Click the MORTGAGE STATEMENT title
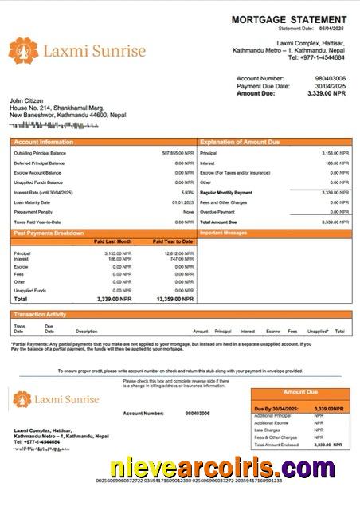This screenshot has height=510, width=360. pyautogui.click(x=289, y=19)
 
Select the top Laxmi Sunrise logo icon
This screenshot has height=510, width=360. pyautogui.click(x=23, y=51)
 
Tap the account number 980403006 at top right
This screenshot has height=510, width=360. pyautogui.click(x=331, y=79)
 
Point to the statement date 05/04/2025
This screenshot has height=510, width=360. pyautogui.click(x=331, y=29)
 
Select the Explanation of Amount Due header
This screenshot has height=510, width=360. pyautogui.click(x=239, y=142)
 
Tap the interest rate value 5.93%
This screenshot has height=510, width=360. pyautogui.click(x=187, y=192)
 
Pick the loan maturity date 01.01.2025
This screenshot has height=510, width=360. pyautogui.click(x=182, y=202)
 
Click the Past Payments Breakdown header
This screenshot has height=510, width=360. pyautogui.click(x=49, y=233)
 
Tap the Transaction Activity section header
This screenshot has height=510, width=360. pyautogui.click(x=40, y=315)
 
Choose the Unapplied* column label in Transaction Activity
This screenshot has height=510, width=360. pyautogui.click(x=318, y=331)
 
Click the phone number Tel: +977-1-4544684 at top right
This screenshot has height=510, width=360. pyautogui.click(x=316, y=57)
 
